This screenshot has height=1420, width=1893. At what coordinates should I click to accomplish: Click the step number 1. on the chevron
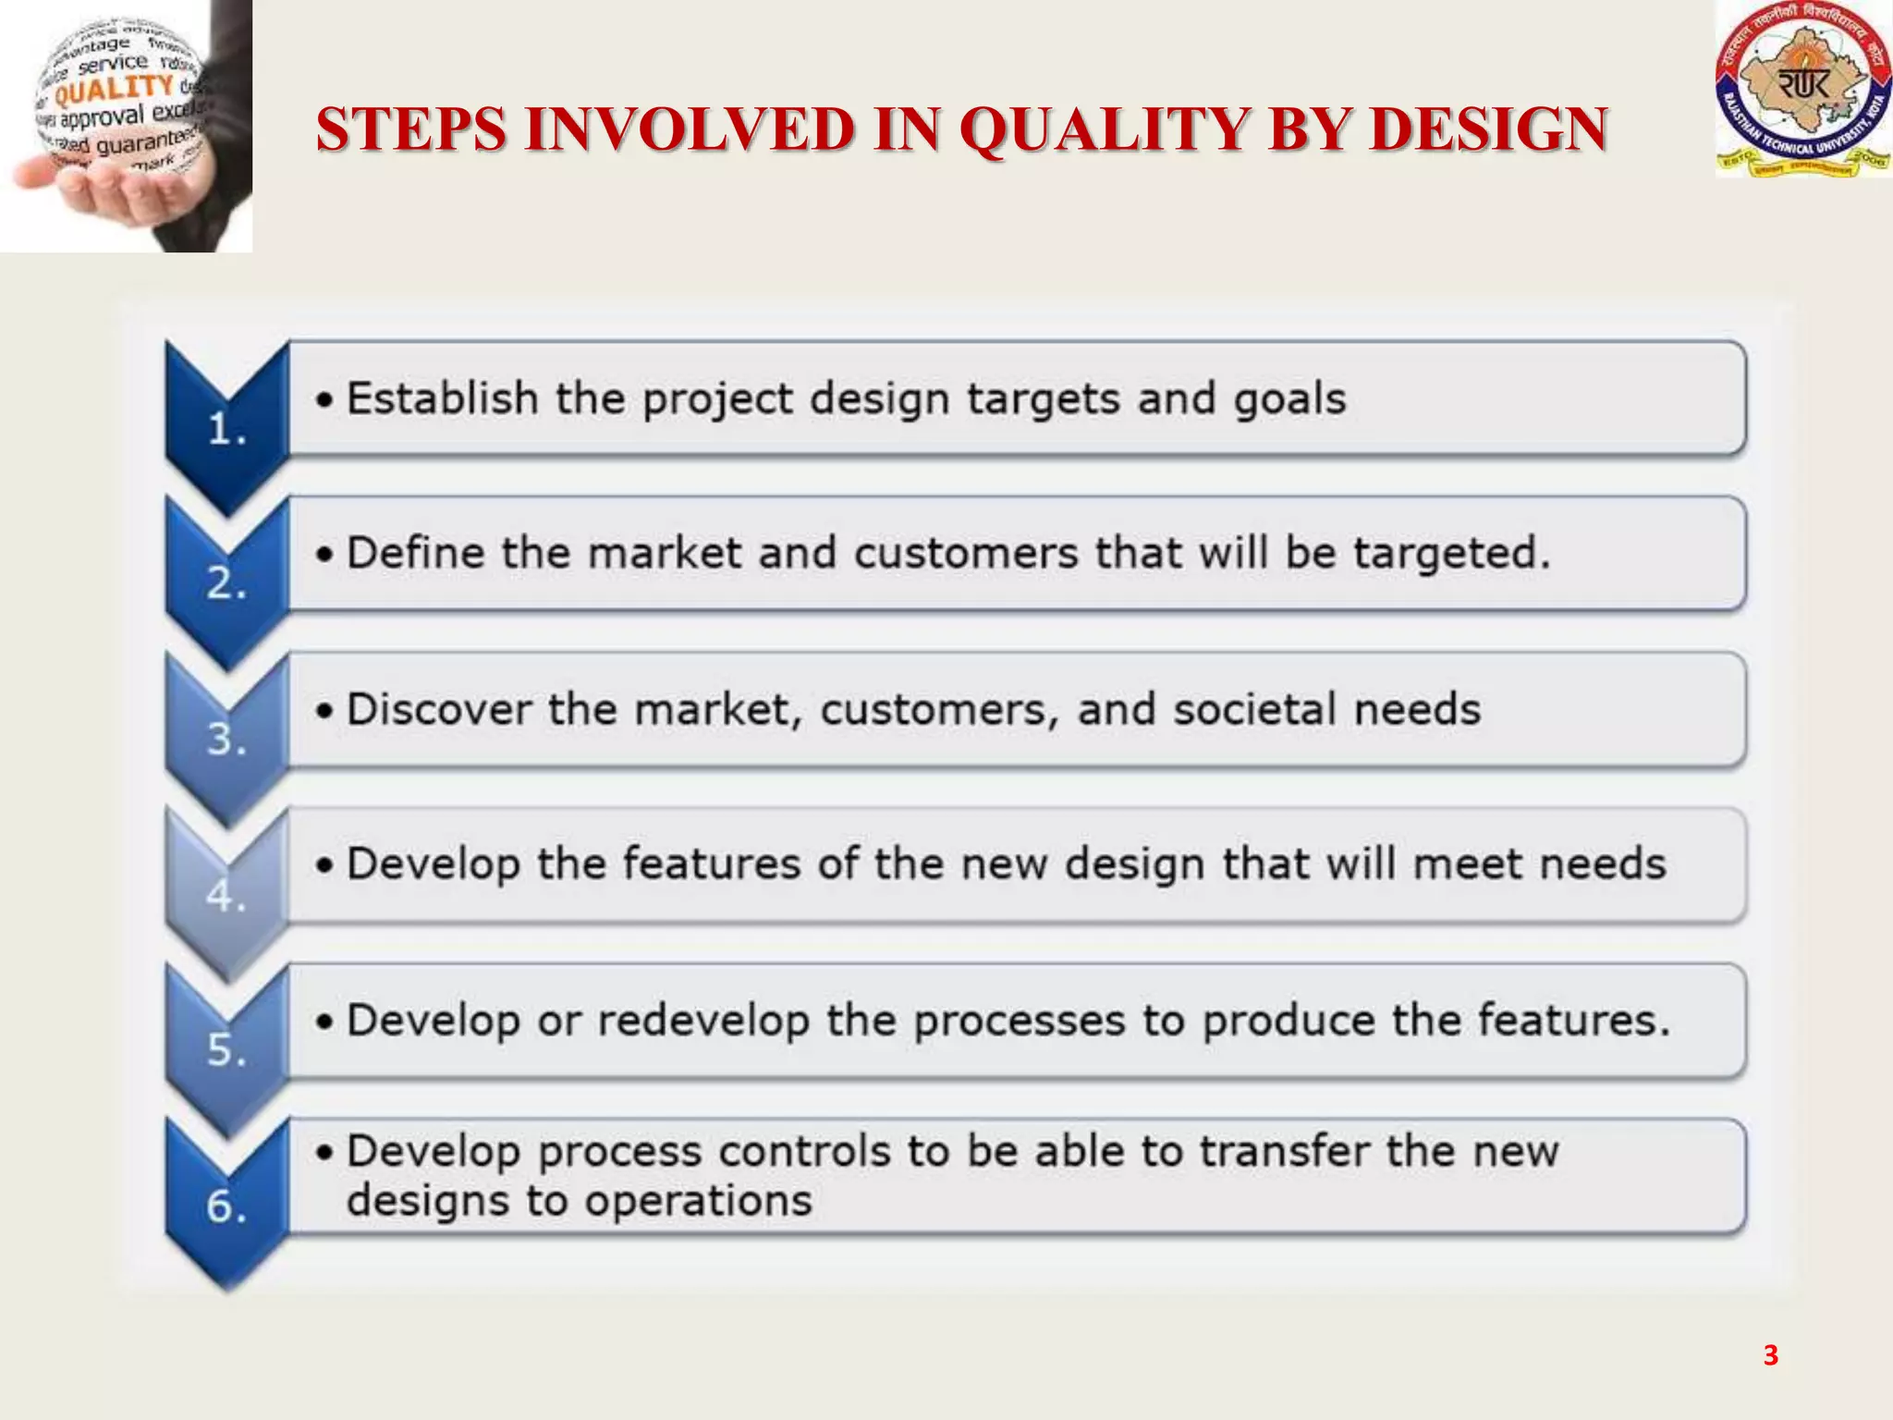tap(226, 429)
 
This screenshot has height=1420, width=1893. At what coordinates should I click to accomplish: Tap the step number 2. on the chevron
tap(226, 583)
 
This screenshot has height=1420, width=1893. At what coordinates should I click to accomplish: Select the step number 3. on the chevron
tap(226, 739)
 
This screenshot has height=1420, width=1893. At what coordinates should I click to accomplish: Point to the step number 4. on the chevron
tap(226, 895)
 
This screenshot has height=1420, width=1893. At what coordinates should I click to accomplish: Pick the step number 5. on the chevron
tap(226, 1050)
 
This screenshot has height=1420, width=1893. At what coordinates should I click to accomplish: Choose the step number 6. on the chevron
tap(226, 1206)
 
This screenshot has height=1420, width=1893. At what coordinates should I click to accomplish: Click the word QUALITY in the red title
tap(1105, 129)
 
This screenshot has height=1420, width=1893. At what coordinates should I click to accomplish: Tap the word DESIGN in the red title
tap(1489, 129)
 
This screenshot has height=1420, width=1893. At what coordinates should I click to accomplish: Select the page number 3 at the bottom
tap(1770, 1355)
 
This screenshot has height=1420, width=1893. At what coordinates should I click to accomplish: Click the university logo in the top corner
tap(1802, 90)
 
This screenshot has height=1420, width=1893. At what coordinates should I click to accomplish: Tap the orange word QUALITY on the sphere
tap(114, 90)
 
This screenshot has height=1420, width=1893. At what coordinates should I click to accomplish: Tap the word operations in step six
tap(698, 1201)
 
